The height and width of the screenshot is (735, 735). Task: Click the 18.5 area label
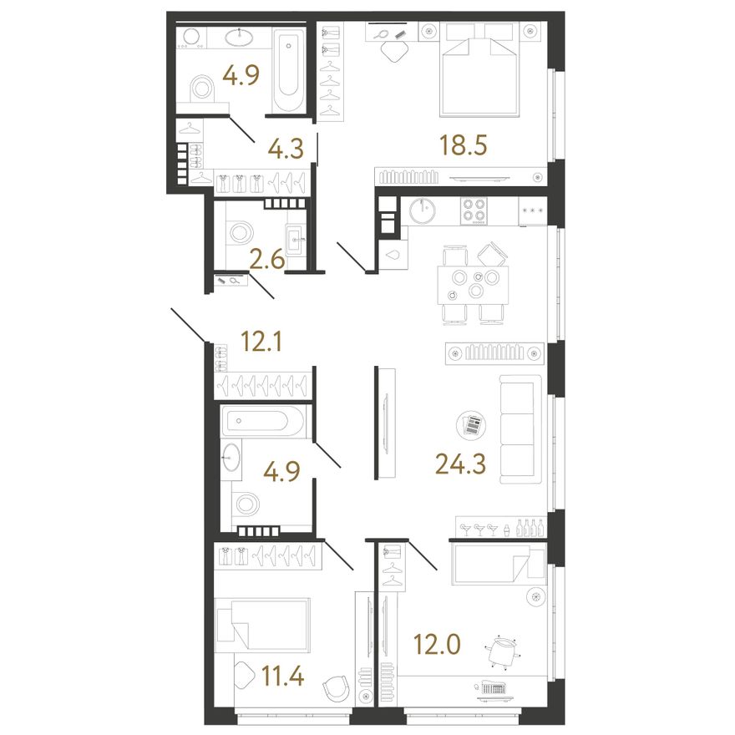(x=463, y=144)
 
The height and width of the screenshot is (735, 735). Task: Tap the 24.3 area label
(x=460, y=464)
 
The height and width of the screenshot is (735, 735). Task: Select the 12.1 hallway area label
(x=261, y=341)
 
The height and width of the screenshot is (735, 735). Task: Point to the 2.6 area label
(x=266, y=259)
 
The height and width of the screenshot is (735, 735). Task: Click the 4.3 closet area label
(x=286, y=148)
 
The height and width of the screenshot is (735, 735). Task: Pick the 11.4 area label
(x=282, y=676)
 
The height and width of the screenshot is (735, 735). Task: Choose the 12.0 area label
(x=437, y=645)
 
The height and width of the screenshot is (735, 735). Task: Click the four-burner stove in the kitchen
(x=474, y=210)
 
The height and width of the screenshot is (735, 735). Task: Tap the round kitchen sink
(x=423, y=210)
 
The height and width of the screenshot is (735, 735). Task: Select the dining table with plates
(x=473, y=285)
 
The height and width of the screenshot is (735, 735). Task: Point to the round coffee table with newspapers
(x=471, y=425)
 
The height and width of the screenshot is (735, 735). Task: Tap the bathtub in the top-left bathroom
(x=288, y=71)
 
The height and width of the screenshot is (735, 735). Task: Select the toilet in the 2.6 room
(x=239, y=232)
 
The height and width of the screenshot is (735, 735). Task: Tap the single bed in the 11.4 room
(x=262, y=625)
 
